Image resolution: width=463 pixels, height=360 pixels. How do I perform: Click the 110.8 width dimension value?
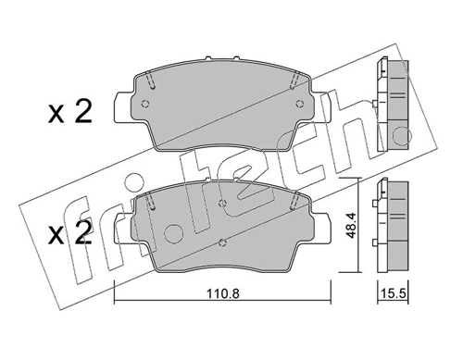[x=222, y=293]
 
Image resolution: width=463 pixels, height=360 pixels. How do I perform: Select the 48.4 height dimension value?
[x=351, y=226]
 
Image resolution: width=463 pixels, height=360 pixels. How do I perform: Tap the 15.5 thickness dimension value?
[x=394, y=293]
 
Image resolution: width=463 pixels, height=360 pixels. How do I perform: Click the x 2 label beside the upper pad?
[x=70, y=112]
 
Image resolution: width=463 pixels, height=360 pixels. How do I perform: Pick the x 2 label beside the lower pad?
[x=70, y=233]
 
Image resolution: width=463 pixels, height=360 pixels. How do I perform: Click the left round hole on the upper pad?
[x=145, y=104]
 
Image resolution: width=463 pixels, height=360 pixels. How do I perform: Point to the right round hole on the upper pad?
[x=299, y=104]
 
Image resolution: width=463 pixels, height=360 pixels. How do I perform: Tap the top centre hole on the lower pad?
[x=222, y=203]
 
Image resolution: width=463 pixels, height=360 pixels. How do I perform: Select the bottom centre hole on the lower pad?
[x=222, y=242]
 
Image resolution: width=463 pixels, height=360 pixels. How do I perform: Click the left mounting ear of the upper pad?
[x=123, y=106]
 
